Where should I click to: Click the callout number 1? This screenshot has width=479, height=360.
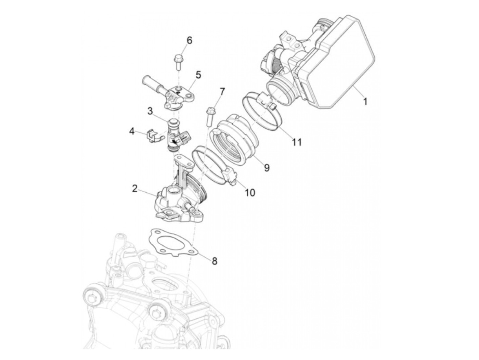pyautogui.click(x=365, y=101)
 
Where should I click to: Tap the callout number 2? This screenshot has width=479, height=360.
pyautogui.click(x=135, y=189)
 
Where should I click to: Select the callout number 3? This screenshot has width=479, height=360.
pyautogui.click(x=150, y=111)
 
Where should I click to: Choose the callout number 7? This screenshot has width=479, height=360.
pyautogui.click(x=222, y=91)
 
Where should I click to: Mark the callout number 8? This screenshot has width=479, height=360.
pyautogui.click(x=214, y=261)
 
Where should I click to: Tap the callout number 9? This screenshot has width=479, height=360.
pyautogui.click(x=267, y=167)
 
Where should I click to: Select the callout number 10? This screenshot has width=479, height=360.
pyautogui.click(x=250, y=193)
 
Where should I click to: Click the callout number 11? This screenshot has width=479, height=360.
pyautogui.click(x=297, y=142)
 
